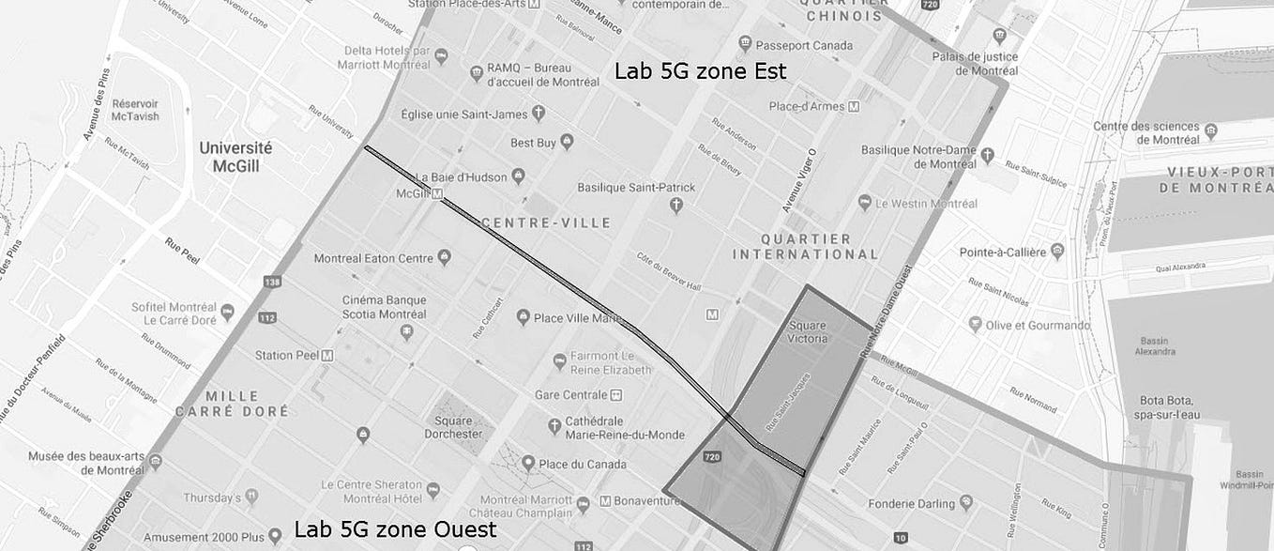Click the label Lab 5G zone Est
pos(700,71)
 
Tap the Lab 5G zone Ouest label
pos(395,529)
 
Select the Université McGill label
pos(235,157)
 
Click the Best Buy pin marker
pos(567,142)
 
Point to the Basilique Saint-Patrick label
pos(636,188)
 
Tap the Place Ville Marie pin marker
pos(523,317)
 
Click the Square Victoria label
pos(808,331)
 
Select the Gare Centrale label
pos(571,395)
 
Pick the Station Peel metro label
pos(287,356)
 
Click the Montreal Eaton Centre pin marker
pos(445,257)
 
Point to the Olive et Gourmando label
pos(1038,326)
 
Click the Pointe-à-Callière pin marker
pos(1057,252)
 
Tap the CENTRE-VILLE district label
pos(545,223)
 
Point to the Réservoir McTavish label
pos(135,110)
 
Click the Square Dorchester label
pos(453,427)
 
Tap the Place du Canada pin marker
pos(527,463)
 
